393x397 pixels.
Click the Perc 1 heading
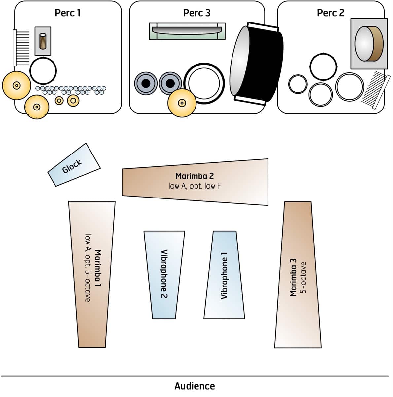tap(67, 13)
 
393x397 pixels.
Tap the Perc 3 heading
tap(196, 13)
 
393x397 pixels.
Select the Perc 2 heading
tap(330, 13)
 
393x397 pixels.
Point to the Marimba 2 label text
tap(195, 176)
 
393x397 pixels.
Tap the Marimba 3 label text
tap(293, 277)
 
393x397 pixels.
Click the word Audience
tap(195, 386)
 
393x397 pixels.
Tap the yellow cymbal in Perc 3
tap(182, 103)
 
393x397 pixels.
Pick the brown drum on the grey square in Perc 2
tap(369, 44)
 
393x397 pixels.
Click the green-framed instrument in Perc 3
tap(187, 31)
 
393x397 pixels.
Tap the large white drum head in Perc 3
tap(204, 82)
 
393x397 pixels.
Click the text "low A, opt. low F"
tap(195, 186)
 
